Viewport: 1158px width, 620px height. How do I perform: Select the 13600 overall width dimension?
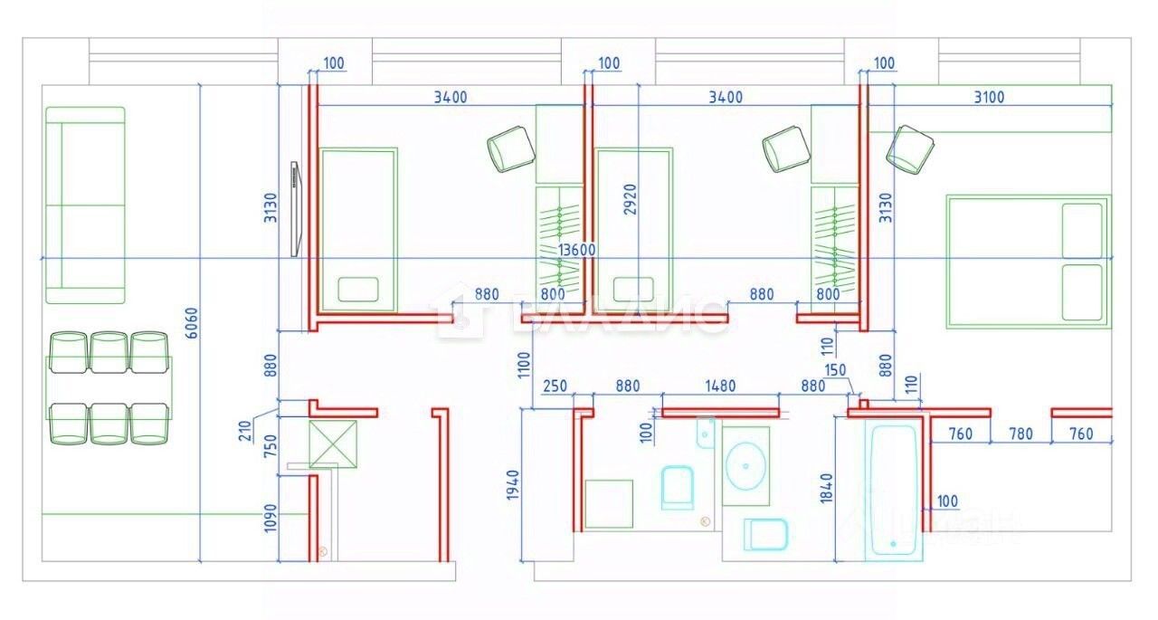[x=576, y=250]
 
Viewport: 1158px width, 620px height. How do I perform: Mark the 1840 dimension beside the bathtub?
[x=824, y=491]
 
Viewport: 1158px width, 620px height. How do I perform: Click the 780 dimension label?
[x=1020, y=434]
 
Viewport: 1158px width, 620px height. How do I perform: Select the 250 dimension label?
[x=555, y=386]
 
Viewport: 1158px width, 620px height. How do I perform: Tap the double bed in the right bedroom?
[x=1028, y=261]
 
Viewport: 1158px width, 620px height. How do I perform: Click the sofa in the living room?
[x=84, y=205]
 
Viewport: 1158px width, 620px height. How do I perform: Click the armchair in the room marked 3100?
[x=909, y=148]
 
